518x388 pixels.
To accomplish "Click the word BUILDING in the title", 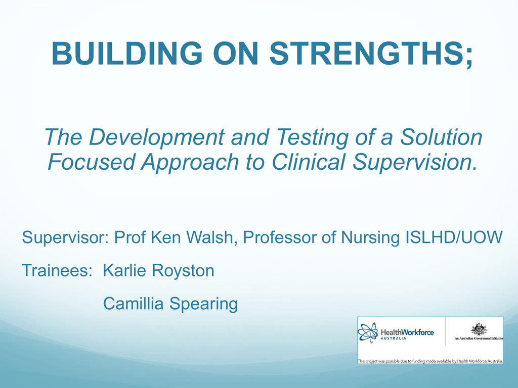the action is [127, 53].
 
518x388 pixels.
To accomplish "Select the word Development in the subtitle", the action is [157, 138].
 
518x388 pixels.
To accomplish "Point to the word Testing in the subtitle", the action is [313, 138].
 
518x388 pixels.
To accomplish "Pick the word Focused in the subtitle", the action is [92, 162].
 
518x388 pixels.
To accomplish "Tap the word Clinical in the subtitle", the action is [309, 162].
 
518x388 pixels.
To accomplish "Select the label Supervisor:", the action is [65, 237].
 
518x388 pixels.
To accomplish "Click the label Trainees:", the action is [57, 270].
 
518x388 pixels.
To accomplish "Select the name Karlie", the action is [124, 270].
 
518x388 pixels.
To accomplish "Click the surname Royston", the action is [183, 271].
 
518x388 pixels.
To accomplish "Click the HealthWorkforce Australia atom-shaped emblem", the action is [368, 332].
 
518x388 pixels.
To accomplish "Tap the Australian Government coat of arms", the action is [479, 329].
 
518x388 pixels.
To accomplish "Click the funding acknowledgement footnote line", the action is [430, 361].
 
